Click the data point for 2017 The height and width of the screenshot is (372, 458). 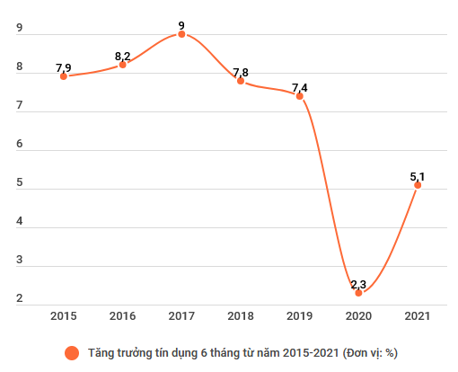click(181, 34)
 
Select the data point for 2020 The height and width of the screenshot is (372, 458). click(358, 293)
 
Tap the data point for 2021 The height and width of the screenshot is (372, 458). click(418, 185)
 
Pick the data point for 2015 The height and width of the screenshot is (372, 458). click(64, 76)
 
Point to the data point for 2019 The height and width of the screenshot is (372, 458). click(299, 95)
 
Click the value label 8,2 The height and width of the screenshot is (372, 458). click(123, 57)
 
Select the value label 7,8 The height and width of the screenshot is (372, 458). click(241, 72)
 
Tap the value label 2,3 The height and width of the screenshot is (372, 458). click(358, 284)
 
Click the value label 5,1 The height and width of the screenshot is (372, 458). click(418, 176)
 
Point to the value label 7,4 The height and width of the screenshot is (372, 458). click(300, 87)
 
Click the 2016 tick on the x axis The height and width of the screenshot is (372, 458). click(122, 316)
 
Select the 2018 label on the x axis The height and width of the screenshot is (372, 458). click(241, 316)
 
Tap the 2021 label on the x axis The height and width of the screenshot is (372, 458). click(418, 316)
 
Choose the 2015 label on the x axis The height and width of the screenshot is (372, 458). click(64, 316)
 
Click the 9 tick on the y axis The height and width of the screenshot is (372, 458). click(20, 29)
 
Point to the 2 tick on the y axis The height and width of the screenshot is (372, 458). click(20, 301)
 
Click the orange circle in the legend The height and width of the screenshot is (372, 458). click(71, 353)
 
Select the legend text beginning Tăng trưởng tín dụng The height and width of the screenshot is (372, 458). click(242, 353)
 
